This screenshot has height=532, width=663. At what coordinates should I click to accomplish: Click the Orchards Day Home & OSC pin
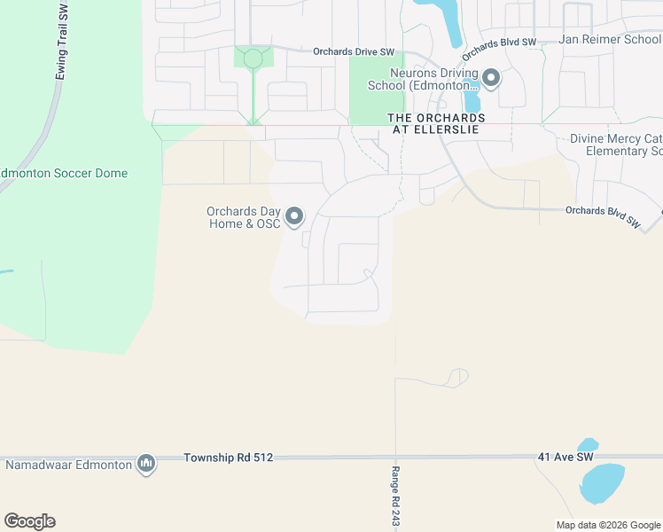pyautogui.click(x=294, y=216)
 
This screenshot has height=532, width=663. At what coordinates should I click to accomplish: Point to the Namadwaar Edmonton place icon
pyautogui.click(x=146, y=463)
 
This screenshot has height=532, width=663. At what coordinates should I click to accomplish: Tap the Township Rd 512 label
pyautogui.click(x=229, y=458)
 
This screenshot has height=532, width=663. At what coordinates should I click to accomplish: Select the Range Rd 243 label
pyautogui.click(x=395, y=497)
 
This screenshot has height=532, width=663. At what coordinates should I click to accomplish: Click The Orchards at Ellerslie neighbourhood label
pyautogui.click(x=436, y=123)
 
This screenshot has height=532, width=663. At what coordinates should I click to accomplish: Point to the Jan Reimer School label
pyautogui.click(x=611, y=40)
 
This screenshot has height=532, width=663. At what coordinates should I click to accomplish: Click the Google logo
pyautogui.click(x=29, y=521)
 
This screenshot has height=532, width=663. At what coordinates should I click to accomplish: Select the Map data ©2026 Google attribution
pyautogui.click(x=608, y=525)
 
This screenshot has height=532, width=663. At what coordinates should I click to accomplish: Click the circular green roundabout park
pyautogui.click(x=253, y=59)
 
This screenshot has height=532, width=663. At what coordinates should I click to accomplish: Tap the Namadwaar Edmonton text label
pyautogui.click(x=68, y=464)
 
